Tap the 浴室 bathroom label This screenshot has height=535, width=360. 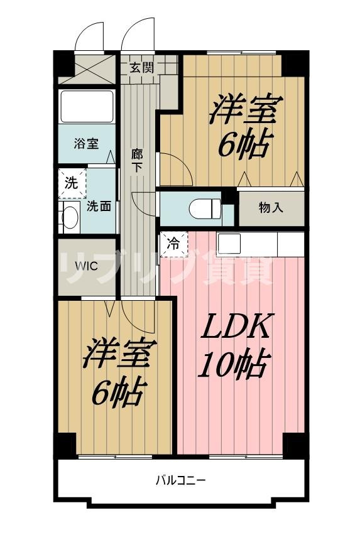(x=86, y=144)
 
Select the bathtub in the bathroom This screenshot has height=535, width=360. (x=86, y=106)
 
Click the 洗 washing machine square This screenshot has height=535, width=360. (x=70, y=183)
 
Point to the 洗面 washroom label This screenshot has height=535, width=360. (x=99, y=205)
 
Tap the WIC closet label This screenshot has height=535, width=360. (x=87, y=266)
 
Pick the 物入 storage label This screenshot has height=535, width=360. (x=271, y=208)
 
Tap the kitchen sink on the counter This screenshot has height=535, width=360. (x=229, y=243)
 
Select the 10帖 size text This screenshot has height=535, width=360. (x=234, y=364)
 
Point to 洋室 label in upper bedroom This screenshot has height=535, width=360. (x=246, y=111)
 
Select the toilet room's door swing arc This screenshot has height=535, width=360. (x=144, y=204)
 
